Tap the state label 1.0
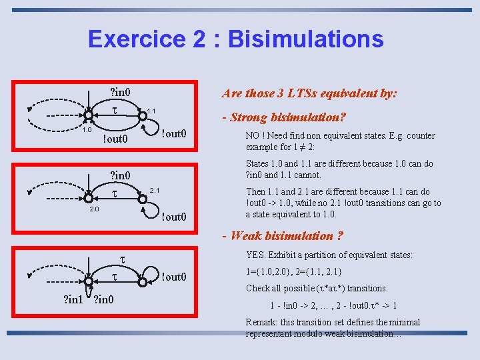86,130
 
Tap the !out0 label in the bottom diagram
173,277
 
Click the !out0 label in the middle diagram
173,217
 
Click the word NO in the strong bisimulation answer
254,136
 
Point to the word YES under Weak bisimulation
256,255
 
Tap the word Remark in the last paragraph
262,322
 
